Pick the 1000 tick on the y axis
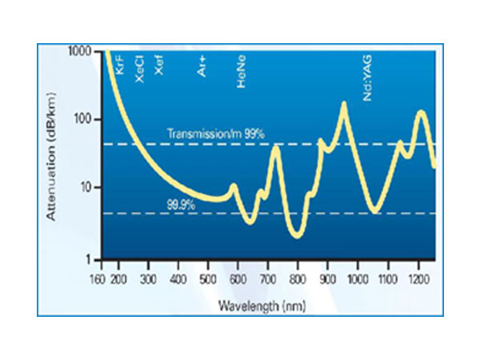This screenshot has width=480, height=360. [80, 51]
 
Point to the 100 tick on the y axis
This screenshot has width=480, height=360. [83, 120]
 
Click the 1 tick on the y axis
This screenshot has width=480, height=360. [89, 257]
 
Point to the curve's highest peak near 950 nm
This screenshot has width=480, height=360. [344, 104]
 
